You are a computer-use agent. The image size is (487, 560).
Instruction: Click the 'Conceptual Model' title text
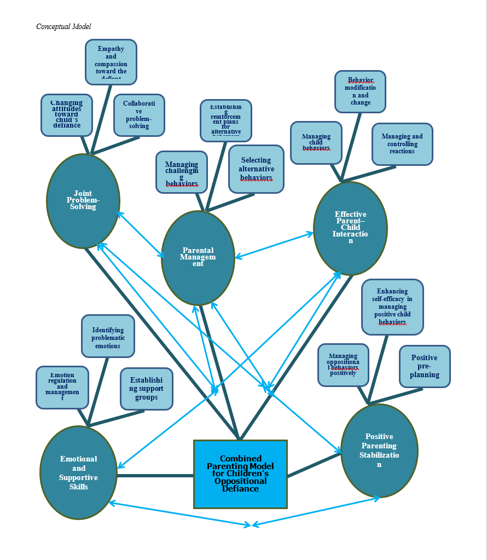point(63,26)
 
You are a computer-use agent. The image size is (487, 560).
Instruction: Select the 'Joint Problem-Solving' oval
point(83,200)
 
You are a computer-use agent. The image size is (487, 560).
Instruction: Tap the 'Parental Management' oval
point(198,257)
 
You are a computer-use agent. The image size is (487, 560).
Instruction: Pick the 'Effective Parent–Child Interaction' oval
point(350,228)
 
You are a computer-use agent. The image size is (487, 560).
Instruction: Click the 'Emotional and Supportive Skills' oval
point(79,472)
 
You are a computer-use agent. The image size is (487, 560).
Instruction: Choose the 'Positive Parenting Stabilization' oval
point(379,451)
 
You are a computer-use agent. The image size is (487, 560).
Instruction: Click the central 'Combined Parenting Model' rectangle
point(240,474)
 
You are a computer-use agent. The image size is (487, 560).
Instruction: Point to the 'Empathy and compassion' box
point(111,62)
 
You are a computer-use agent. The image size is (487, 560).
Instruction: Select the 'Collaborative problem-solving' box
point(139,115)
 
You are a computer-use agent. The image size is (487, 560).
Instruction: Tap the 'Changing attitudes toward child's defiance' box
point(67,115)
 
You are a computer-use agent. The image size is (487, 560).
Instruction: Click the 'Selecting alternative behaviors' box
point(256,169)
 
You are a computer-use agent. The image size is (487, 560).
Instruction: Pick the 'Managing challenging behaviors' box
point(182,172)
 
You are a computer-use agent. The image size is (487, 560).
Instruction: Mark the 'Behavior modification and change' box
point(360,91)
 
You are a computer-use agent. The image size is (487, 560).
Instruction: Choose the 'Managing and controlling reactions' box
point(402,144)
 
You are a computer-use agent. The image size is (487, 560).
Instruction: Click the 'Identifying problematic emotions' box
point(108,336)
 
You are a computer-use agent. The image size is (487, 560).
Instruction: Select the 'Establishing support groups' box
point(146,389)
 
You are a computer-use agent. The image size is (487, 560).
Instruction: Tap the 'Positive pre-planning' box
point(425,366)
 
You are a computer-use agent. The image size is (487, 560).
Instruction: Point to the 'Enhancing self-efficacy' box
point(392,307)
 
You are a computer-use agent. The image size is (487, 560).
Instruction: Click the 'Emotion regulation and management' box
point(62,387)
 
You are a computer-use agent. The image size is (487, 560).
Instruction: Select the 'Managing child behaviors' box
point(316,142)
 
